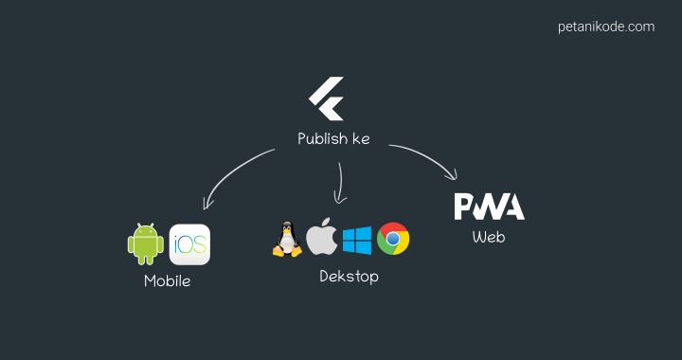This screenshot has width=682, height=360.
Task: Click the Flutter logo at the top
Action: tap(325, 99)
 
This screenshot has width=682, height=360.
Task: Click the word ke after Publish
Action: tap(361, 139)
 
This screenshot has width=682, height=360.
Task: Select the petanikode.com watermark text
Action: tap(606, 27)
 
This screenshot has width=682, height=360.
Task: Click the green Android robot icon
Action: tap(145, 243)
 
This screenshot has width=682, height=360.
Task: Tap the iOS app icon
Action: tap(189, 244)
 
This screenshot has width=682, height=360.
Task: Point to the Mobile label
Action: tap(167, 281)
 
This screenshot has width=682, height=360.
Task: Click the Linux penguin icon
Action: tap(286, 240)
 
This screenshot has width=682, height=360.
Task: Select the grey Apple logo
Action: tap(322, 239)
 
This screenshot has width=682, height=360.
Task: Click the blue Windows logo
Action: tap(357, 240)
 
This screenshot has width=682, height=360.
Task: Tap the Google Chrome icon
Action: tap(393, 239)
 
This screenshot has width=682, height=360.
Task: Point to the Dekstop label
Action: tap(349, 277)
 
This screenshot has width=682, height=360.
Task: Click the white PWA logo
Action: tap(489, 207)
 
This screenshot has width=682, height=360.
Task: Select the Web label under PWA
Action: tap(489, 237)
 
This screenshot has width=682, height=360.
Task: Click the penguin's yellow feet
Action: tap(286, 253)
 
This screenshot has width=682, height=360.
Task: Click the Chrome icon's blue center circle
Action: tap(393, 239)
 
